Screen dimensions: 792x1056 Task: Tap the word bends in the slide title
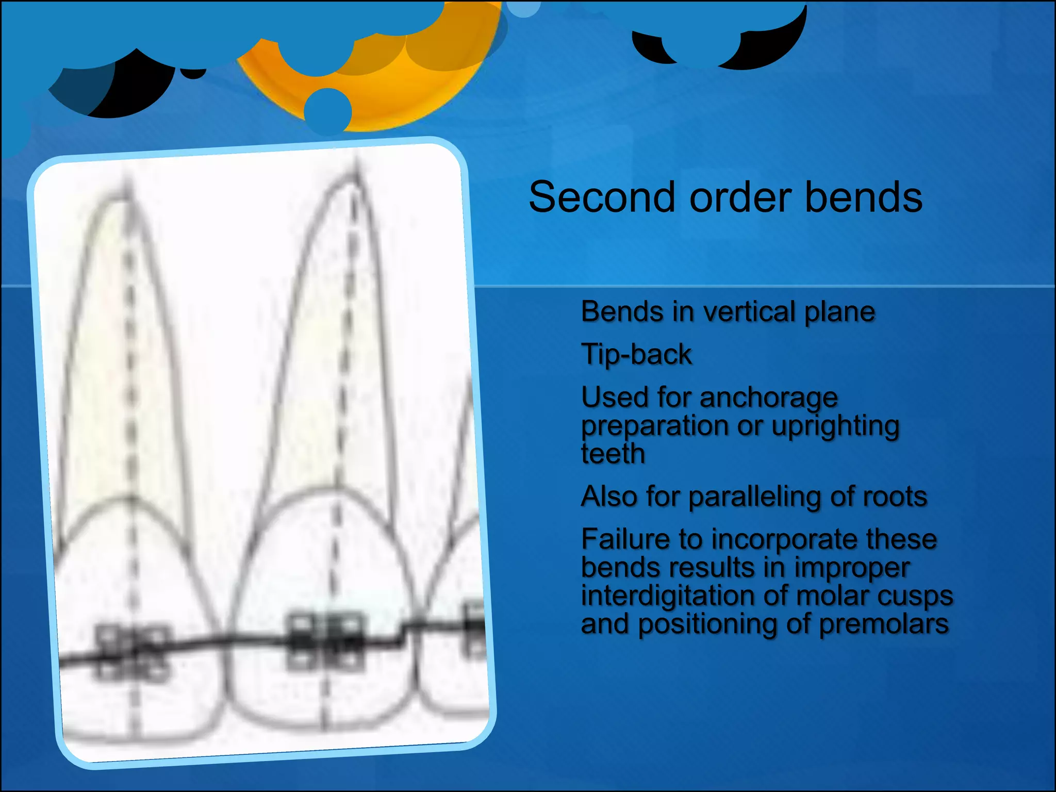click(x=863, y=197)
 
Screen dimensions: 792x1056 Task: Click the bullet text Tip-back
click(x=636, y=355)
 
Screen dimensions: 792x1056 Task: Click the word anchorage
click(x=768, y=398)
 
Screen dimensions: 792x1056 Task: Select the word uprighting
click(x=835, y=426)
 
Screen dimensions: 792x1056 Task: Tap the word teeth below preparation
click(x=613, y=454)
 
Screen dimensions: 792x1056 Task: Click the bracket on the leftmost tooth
click(x=133, y=652)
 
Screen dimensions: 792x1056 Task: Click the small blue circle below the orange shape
click(x=327, y=111)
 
